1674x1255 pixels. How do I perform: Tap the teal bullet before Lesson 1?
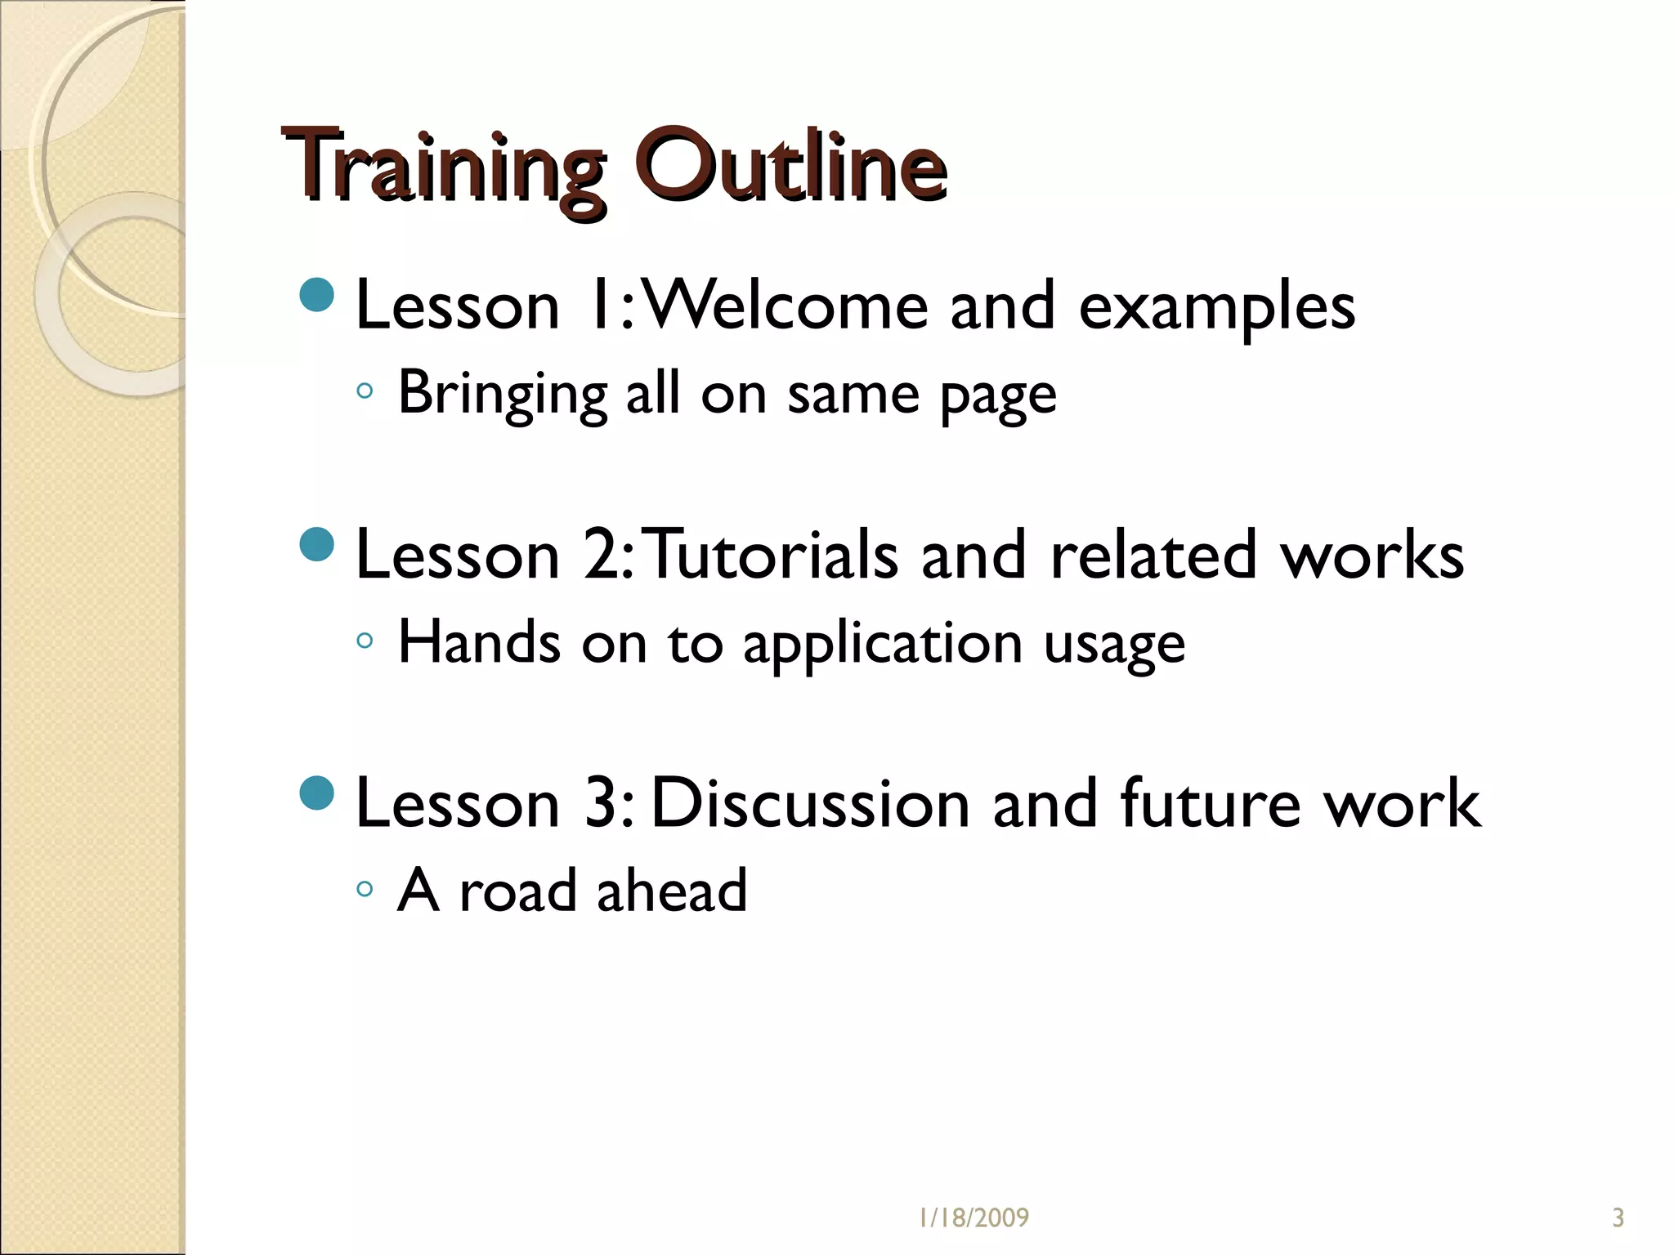(317, 295)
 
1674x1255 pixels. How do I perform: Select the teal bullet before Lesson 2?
(317, 545)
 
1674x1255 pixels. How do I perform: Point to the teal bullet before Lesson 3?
(317, 793)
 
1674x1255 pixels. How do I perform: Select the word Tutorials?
(773, 556)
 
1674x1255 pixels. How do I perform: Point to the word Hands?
(479, 642)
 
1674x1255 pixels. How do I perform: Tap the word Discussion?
(811, 804)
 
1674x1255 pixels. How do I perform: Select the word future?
(1210, 804)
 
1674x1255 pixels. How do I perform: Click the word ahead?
(672, 890)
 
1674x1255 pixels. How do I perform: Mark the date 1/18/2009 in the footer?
(974, 1218)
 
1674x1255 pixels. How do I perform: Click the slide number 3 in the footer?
(1618, 1218)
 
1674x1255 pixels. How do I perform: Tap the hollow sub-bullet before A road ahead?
(365, 889)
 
